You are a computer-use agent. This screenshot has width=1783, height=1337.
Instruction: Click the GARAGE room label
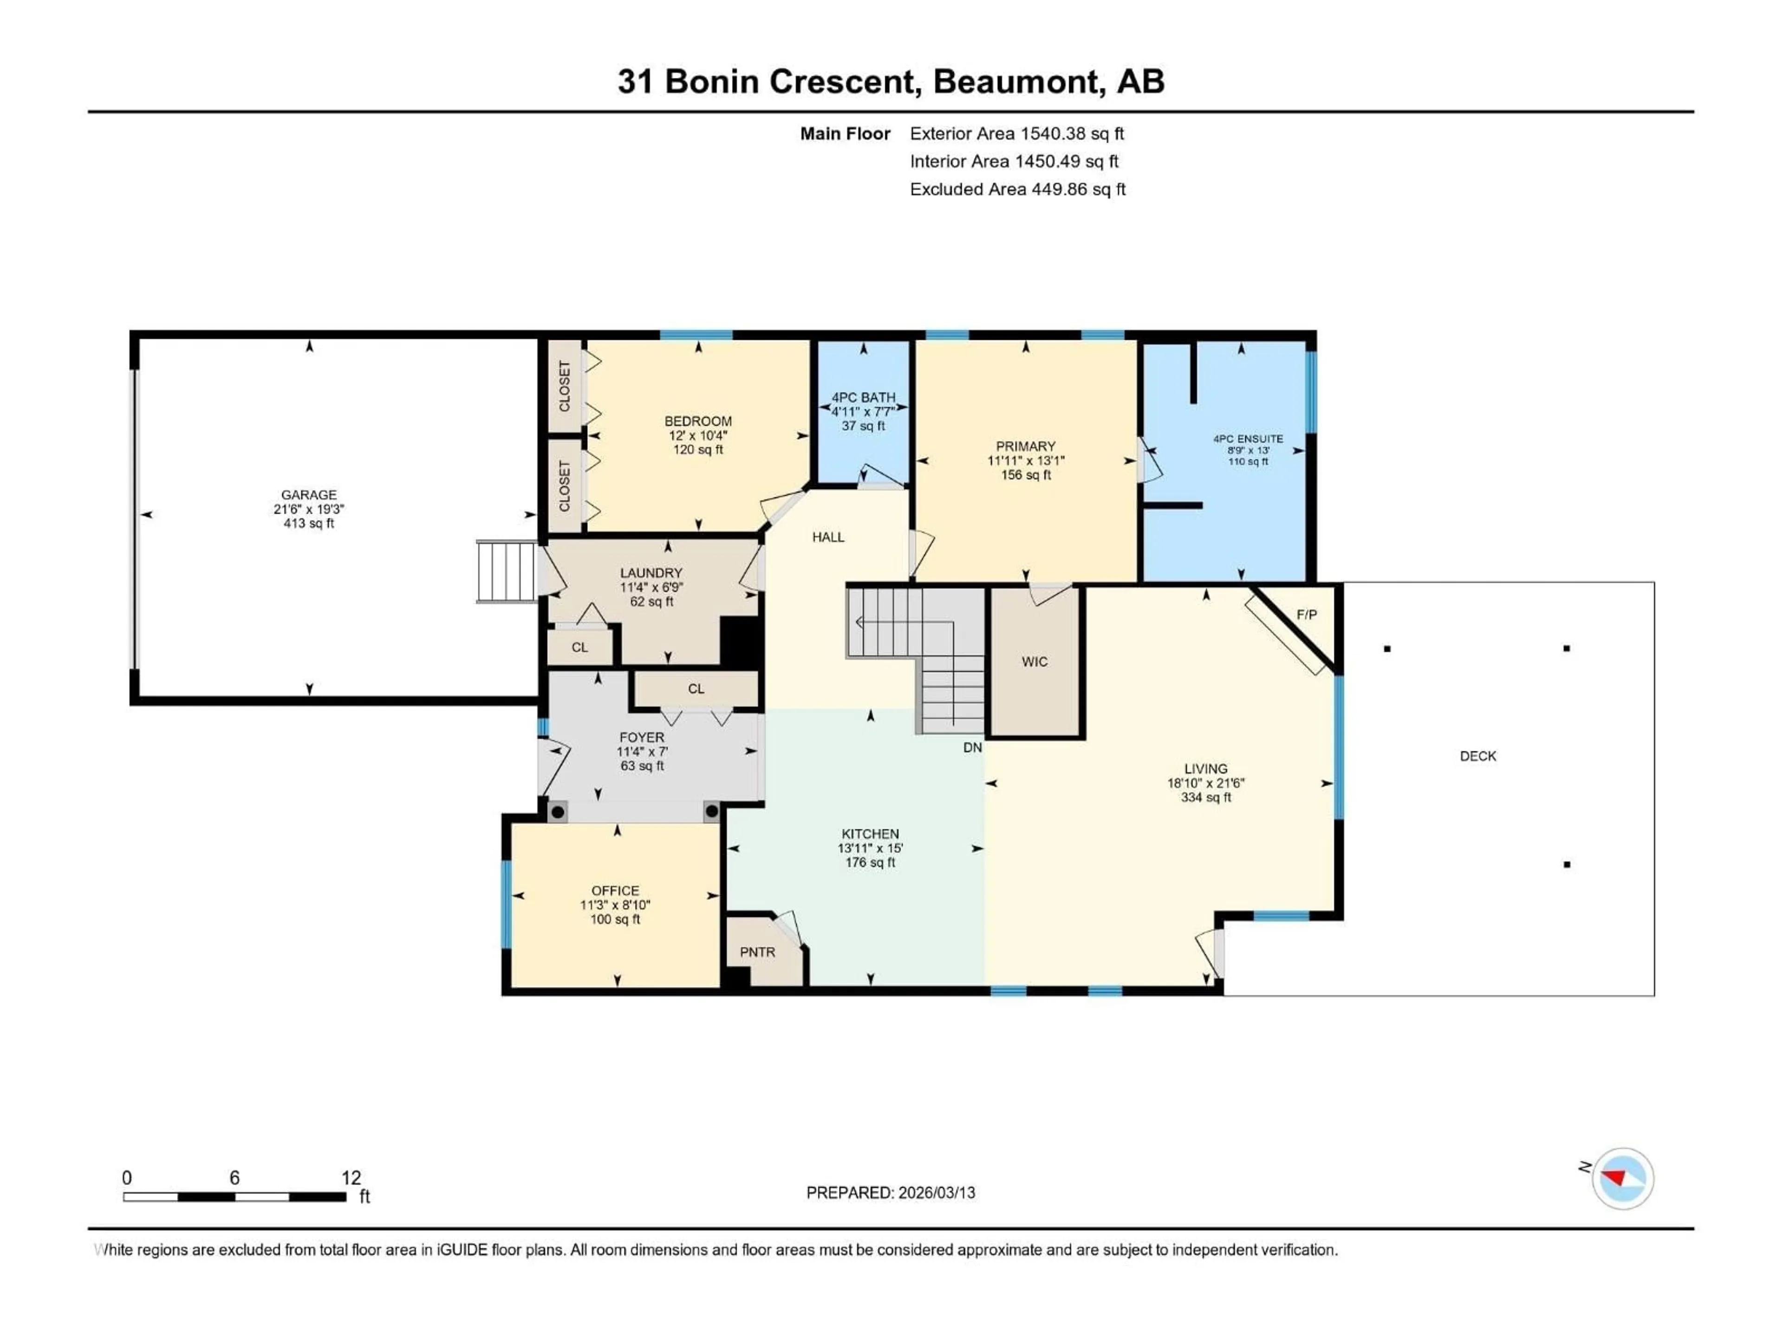309,495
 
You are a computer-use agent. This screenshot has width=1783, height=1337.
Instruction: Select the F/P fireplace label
1307,615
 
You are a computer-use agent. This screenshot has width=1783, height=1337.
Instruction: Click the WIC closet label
1034,662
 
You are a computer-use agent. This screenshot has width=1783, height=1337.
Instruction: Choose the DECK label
1477,756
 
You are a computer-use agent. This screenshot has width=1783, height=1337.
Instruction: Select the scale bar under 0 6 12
234,1197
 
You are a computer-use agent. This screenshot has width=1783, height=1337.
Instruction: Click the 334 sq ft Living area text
1206,797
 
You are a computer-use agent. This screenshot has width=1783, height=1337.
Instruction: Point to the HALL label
828,538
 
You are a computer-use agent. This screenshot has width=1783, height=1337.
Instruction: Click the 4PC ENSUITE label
1248,439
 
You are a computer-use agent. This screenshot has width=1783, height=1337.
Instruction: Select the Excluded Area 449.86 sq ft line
1017,189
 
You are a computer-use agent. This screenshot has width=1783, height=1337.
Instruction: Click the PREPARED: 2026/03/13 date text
891,1193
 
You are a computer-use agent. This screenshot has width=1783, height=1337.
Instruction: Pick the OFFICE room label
615,890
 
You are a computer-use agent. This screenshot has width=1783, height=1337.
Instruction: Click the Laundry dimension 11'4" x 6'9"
651,588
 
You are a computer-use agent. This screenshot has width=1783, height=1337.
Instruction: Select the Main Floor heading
845,134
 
